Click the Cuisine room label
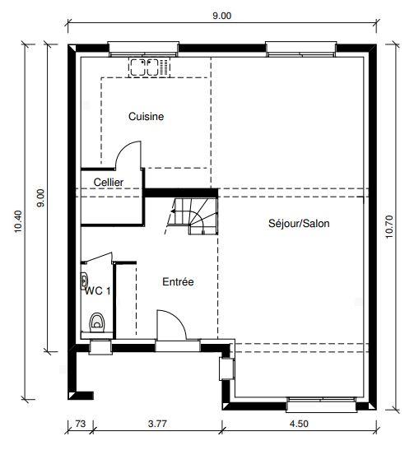pyautogui.click(x=146, y=117)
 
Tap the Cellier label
pyautogui.click(x=108, y=182)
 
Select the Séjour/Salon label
pyautogui.click(x=299, y=223)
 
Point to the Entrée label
pyautogui.click(x=178, y=282)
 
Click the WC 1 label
pyautogui.click(x=97, y=290)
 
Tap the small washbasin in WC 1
pyautogui.click(x=85, y=278)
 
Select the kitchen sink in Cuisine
pyautogui.click(x=149, y=66)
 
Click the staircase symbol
pyautogui.click(x=193, y=216)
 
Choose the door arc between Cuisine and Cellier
pyautogui.click(x=129, y=155)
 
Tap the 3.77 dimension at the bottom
pyautogui.click(x=156, y=424)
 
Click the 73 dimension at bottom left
pyautogui.click(x=80, y=424)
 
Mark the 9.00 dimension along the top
pyautogui.click(x=222, y=15)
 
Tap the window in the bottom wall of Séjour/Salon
pyautogui.click(x=321, y=403)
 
